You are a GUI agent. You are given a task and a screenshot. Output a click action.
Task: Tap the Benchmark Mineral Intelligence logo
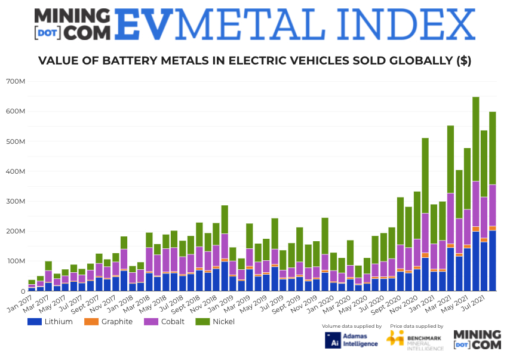[x=415, y=339]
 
